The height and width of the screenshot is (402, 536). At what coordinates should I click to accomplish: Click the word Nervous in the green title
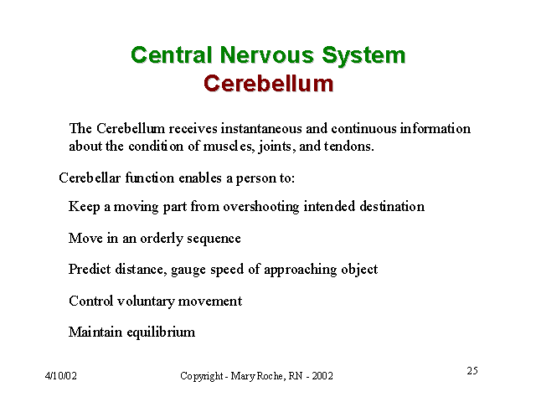[266, 55]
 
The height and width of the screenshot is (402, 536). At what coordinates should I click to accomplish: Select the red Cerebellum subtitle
[268, 84]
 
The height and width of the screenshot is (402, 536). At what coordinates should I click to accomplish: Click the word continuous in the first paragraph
[363, 128]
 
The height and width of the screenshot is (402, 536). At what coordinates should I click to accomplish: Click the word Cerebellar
[90, 178]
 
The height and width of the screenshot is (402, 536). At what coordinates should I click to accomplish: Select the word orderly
[162, 239]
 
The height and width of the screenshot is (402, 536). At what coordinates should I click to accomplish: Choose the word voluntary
[146, 301]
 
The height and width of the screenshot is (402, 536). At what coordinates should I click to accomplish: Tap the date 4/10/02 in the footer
[61, 376]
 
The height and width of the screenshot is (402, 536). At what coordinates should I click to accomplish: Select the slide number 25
[472, 370]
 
